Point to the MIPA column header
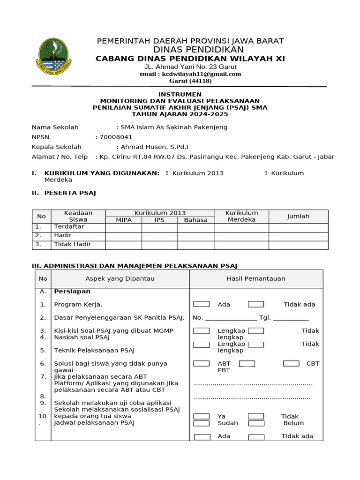(124, 219)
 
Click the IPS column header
(159, 219)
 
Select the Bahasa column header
(195, 219)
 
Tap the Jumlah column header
(298, 216)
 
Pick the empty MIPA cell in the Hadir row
(124, 235)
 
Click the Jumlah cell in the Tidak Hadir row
(298, 244)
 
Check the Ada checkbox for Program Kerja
(202, 304)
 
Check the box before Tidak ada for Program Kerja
(256, 304)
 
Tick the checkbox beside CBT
(291, 363)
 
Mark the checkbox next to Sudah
(202, 423)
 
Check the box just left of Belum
(256, 423)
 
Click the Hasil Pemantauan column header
(256, 278)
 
